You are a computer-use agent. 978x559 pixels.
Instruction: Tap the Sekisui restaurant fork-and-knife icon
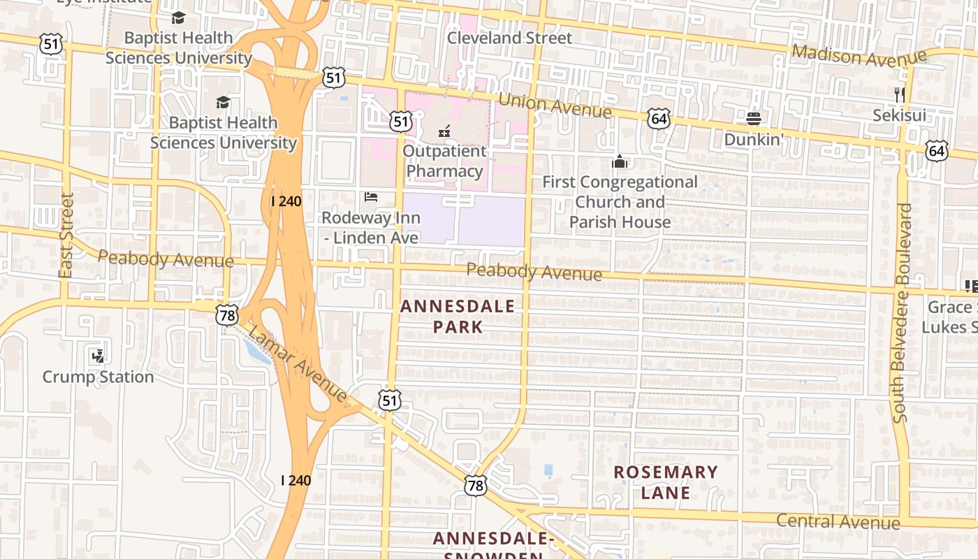coord(900,94)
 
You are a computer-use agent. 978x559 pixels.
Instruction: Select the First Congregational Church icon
coord(620,162)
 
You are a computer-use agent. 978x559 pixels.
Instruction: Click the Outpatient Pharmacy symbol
coord(444,130)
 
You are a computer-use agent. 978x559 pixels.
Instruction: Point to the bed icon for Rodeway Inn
coord(371,197)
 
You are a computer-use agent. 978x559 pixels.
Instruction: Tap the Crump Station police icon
coord(97,356)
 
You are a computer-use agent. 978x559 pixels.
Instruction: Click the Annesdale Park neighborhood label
coord(458,316)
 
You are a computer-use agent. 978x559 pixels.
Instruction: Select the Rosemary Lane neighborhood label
coord(666,482)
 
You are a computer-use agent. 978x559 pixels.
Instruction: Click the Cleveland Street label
coord(509,38)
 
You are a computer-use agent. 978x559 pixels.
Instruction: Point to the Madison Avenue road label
coord(859,55)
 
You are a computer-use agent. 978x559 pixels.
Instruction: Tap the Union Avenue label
coord(555,106)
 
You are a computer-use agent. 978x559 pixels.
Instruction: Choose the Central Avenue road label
coord(838,521)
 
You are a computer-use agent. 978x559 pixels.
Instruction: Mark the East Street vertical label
coord(66,236)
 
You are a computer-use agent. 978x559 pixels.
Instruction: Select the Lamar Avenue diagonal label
coord(298,364)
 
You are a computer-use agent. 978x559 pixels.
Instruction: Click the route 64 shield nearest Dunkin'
coord(658,119)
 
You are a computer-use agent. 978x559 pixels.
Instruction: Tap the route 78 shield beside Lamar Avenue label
coord(226,315)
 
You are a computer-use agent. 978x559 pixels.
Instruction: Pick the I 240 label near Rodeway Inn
coord(286,201)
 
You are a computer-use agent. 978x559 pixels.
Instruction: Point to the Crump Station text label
coord(98,377)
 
